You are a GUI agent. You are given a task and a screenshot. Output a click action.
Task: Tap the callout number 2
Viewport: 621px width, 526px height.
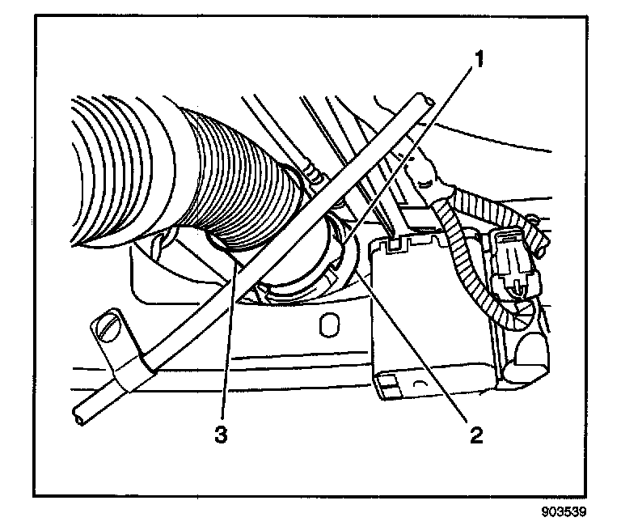pos(477,435)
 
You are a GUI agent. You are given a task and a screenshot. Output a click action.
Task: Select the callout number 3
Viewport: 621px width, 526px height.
pos(219,435)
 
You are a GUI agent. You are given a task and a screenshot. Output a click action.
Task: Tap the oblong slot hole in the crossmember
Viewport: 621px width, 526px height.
pos(327,325)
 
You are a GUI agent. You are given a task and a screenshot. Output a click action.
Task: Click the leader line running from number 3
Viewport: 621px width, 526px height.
pos(226,340)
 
